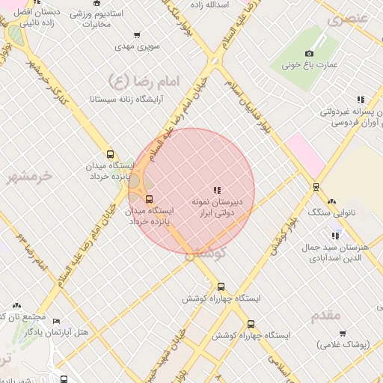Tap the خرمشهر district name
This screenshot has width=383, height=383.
pos(30,177)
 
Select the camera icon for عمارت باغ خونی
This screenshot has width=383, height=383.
pos(310,53)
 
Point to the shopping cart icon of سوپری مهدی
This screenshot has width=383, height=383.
pos(136,34)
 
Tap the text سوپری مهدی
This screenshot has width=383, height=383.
pos(134,46)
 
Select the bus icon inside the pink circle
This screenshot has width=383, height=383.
pos(150,199)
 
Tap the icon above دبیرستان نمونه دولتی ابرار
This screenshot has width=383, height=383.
pos(217,190)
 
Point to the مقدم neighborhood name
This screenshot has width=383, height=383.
pos(327,316)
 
